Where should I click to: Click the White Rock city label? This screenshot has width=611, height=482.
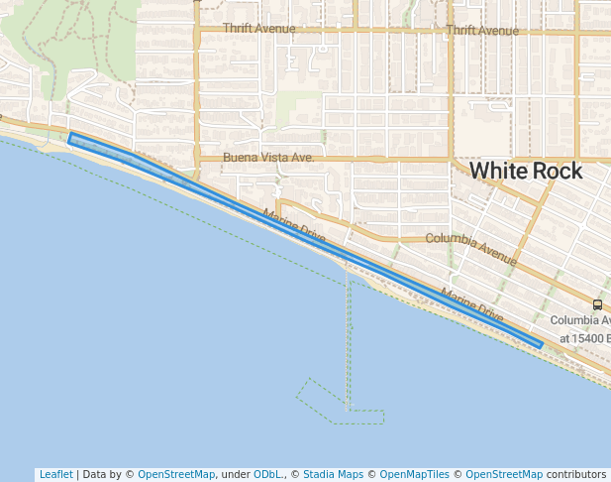point(525,171)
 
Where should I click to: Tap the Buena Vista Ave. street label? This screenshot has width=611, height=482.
point(268,158)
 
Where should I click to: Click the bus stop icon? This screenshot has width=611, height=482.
point(597,304)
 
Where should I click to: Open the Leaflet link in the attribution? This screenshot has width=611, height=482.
point(55,474)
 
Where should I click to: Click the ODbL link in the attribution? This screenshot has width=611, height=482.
point(266,474)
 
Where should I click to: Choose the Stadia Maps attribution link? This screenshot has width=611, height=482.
point(333,474)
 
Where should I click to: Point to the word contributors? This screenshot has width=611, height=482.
point(576,474)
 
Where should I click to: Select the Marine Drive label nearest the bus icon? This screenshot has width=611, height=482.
point(472,303)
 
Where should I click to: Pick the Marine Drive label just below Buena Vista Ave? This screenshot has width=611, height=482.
point(294,227)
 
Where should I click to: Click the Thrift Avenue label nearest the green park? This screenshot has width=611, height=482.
point(258,29)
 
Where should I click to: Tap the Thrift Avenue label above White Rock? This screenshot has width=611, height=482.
point(482,31)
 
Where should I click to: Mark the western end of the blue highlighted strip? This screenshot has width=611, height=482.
point(71,138)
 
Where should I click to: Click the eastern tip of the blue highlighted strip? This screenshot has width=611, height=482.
point(540,345)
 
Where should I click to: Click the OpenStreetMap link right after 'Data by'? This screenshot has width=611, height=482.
point(175,474)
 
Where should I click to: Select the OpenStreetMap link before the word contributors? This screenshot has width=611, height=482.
point(503,474)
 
